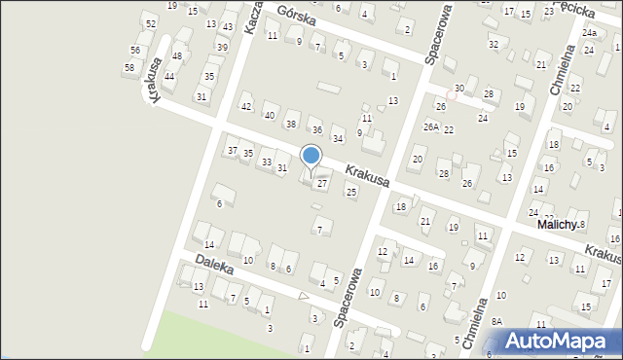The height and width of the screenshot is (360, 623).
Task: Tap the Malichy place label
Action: tap(559, 224)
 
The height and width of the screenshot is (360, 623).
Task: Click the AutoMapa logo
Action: tap(559, 341)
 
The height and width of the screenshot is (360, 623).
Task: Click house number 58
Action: tap(129, 67)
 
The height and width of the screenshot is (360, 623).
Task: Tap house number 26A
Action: tap(431, 127)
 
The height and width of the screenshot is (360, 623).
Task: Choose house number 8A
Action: tap(496, 321)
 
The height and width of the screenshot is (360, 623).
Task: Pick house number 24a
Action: tap(589, 32)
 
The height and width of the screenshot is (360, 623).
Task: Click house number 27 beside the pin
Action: tap(322, 184)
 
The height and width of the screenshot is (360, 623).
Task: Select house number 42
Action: tap(246, 107)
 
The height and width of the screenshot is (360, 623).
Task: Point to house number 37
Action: tap(232, 150)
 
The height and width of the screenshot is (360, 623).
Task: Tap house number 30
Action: tap(458, 89)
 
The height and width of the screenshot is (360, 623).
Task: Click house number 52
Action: tap(150, 23)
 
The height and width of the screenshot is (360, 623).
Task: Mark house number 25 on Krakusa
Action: tap(351, 192)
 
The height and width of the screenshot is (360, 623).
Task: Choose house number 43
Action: tap(227, 26)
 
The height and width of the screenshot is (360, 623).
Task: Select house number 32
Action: tap(494, 44)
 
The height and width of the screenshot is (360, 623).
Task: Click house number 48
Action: tap(177, 55)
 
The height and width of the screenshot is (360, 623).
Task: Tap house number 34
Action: tap(338, 138)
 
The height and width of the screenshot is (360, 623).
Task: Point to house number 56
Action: tap(135, 50)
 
